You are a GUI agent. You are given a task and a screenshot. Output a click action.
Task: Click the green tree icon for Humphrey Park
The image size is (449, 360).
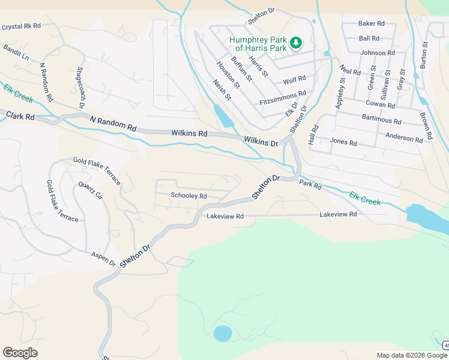(x=295, y=43)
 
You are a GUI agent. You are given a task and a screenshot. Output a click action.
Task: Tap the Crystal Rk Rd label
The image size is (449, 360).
(x=21, y=26)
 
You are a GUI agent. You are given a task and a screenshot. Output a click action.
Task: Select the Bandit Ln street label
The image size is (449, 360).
(x=16, y=51)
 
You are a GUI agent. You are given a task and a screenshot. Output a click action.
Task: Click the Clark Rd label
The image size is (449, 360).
(x=20, y=115)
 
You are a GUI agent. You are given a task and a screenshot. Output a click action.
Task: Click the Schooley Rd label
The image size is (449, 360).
(x=188, y=196)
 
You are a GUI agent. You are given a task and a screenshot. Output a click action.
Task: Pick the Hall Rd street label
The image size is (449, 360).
(x=312, y=135)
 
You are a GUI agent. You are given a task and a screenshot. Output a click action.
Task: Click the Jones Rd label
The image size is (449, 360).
(x=343, y=143)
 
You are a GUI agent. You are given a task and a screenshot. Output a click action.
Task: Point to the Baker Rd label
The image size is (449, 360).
(x=371, y=23)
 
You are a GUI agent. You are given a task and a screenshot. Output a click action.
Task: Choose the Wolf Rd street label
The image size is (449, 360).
(x=294, y=79)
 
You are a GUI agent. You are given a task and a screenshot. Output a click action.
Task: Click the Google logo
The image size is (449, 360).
(x=20, y=353)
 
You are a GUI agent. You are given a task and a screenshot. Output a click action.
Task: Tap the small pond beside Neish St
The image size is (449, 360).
(x=224, y=115)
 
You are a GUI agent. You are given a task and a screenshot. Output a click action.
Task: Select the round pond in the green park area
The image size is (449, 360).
(x=222, y=333)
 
